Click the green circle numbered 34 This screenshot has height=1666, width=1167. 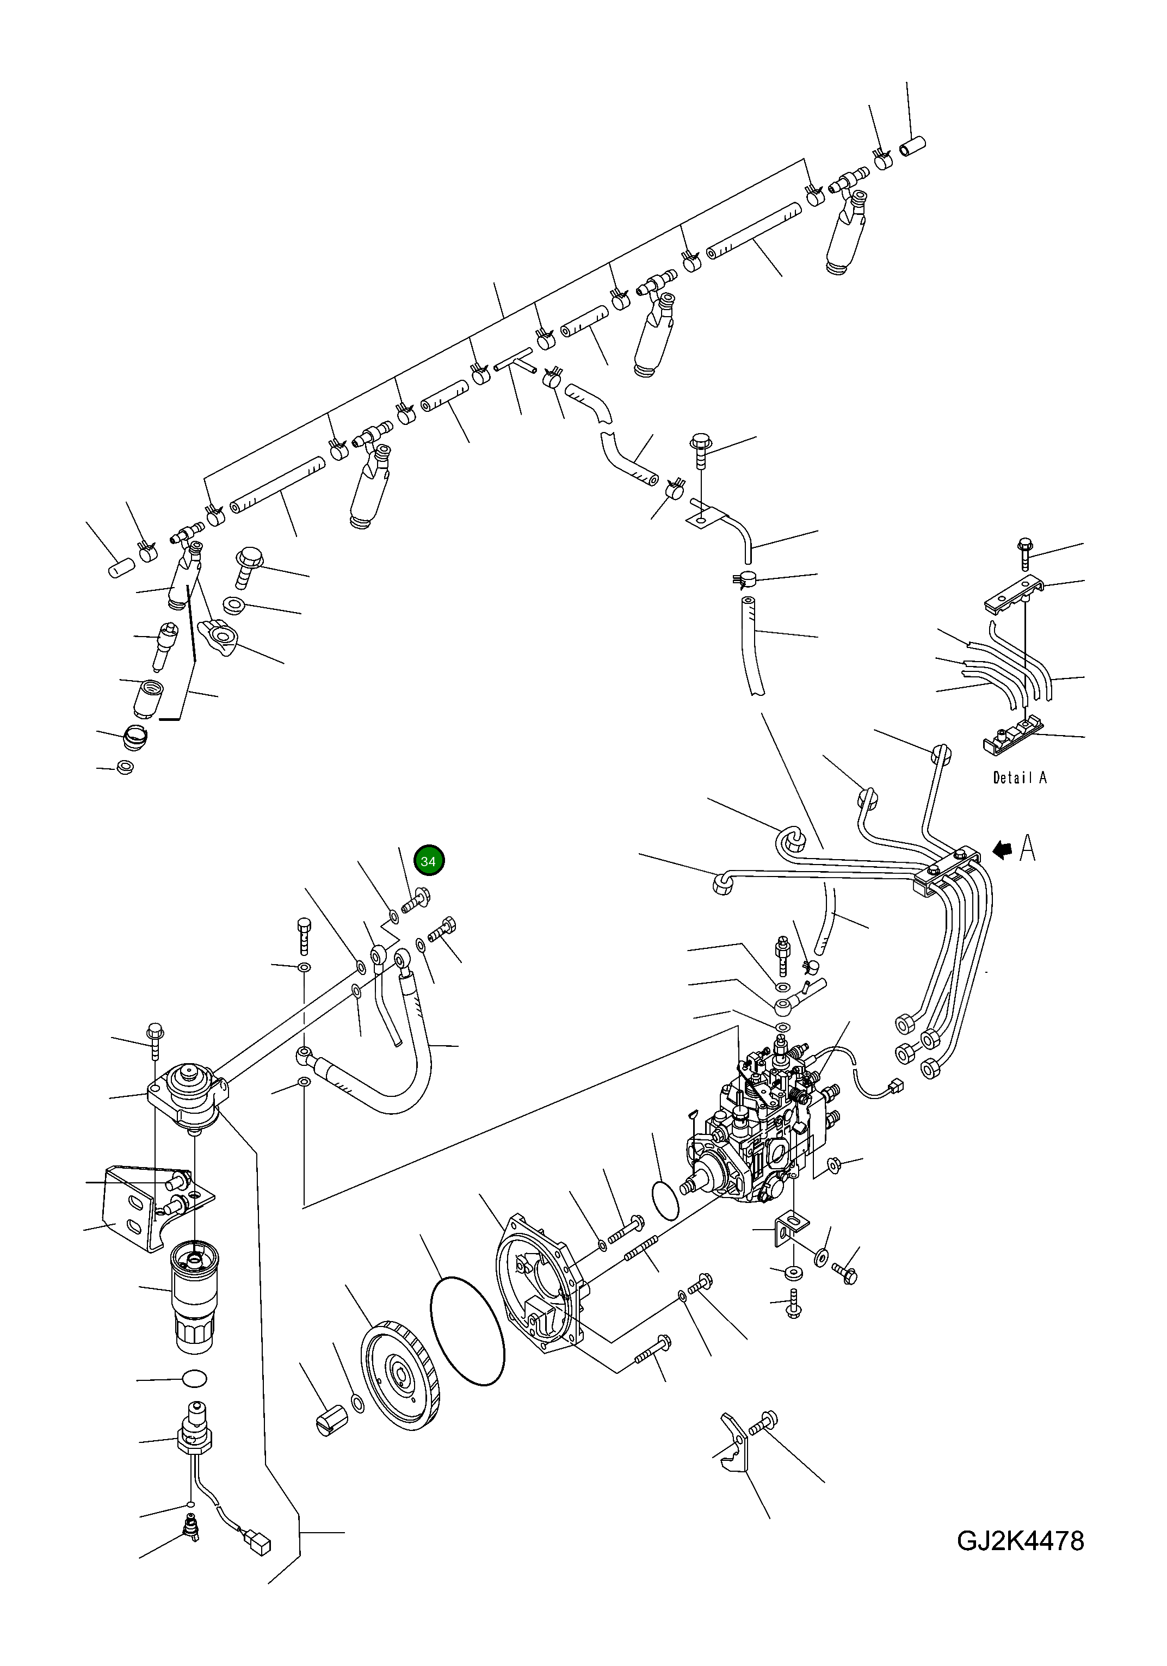tap(428, 861)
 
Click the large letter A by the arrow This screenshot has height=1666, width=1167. tap(1028, 848)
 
